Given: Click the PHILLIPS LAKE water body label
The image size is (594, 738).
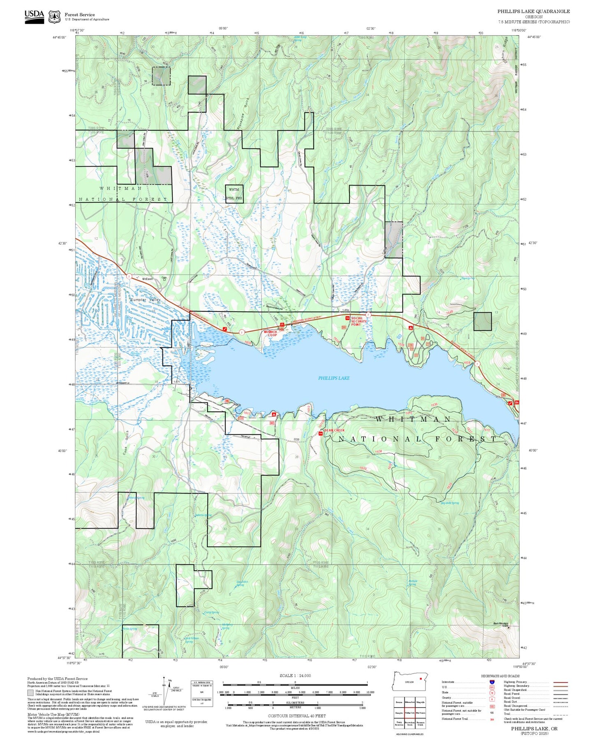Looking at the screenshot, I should click(334, 378).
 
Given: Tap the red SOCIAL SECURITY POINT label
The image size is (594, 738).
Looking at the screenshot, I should click(357, 321).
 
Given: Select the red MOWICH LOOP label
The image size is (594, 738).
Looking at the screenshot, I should click(270, 333).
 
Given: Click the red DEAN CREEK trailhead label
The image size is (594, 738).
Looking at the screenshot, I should click(334, 430).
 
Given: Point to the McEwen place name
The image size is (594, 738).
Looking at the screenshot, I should click(147, 279).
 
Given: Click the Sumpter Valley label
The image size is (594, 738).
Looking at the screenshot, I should click(145, 300).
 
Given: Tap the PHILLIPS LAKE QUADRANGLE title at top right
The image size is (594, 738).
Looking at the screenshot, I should click(533, 12).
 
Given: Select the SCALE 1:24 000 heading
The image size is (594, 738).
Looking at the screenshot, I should click(295, 675).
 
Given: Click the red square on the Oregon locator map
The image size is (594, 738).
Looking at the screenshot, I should click(421, 678).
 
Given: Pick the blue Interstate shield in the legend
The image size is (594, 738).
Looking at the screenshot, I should click(492, 682).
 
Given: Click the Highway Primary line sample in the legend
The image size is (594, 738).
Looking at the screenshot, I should click(561, 682).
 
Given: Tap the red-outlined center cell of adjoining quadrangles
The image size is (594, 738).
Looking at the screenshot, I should click(409, 712).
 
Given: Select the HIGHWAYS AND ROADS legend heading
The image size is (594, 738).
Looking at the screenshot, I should click(500, 676).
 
